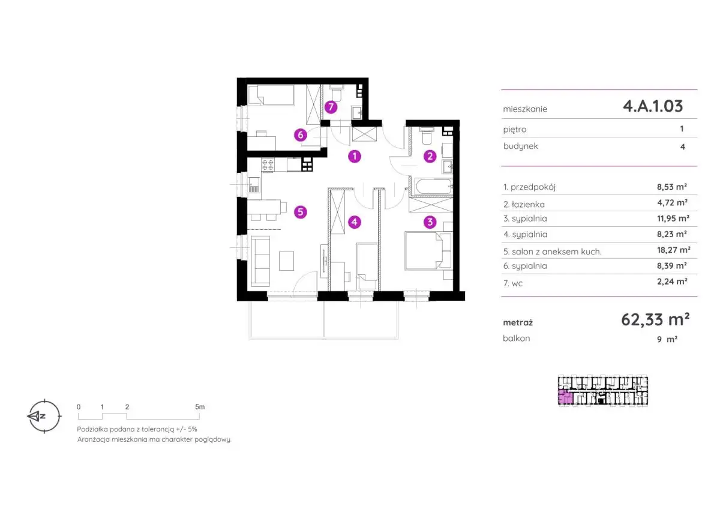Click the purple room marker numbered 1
[x=355, y=157]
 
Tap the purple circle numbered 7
[x=331, y=107]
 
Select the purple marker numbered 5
[x=301, y=212]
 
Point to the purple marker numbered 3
[x=430, y=222]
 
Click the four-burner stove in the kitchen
[x=268, y=165]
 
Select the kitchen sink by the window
[x=254, y=185]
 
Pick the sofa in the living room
[x=260, y=261]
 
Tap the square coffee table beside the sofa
[x=286, y=261]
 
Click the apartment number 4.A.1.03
[x=653, y=106]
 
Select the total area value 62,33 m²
[x=655, y=319]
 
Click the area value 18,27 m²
[x=673, y=250]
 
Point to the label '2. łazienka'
[x=524, y=204]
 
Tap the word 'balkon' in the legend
[x=517, y=339]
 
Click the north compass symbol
[x=44, y=416]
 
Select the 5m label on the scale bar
[x=200, y=407]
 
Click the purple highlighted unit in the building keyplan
[x=565, y=397]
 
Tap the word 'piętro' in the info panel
[x=515, y=130]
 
